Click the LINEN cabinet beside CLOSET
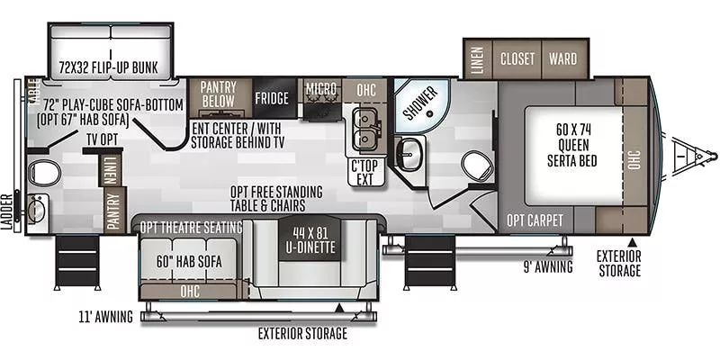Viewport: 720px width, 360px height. (475, 59)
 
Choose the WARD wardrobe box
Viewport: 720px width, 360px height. (562, 59)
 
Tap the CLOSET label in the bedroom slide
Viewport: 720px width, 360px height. (517, 59)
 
